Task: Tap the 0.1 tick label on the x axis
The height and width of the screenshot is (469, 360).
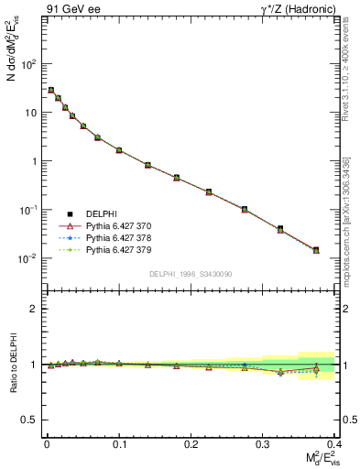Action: click(x=119, y=443)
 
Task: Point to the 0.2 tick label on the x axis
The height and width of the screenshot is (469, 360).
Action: click(x=191, y=443)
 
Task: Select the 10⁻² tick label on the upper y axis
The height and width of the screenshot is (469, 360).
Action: click(x=28, y=258)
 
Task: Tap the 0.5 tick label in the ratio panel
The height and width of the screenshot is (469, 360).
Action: click(x=30, y=420)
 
